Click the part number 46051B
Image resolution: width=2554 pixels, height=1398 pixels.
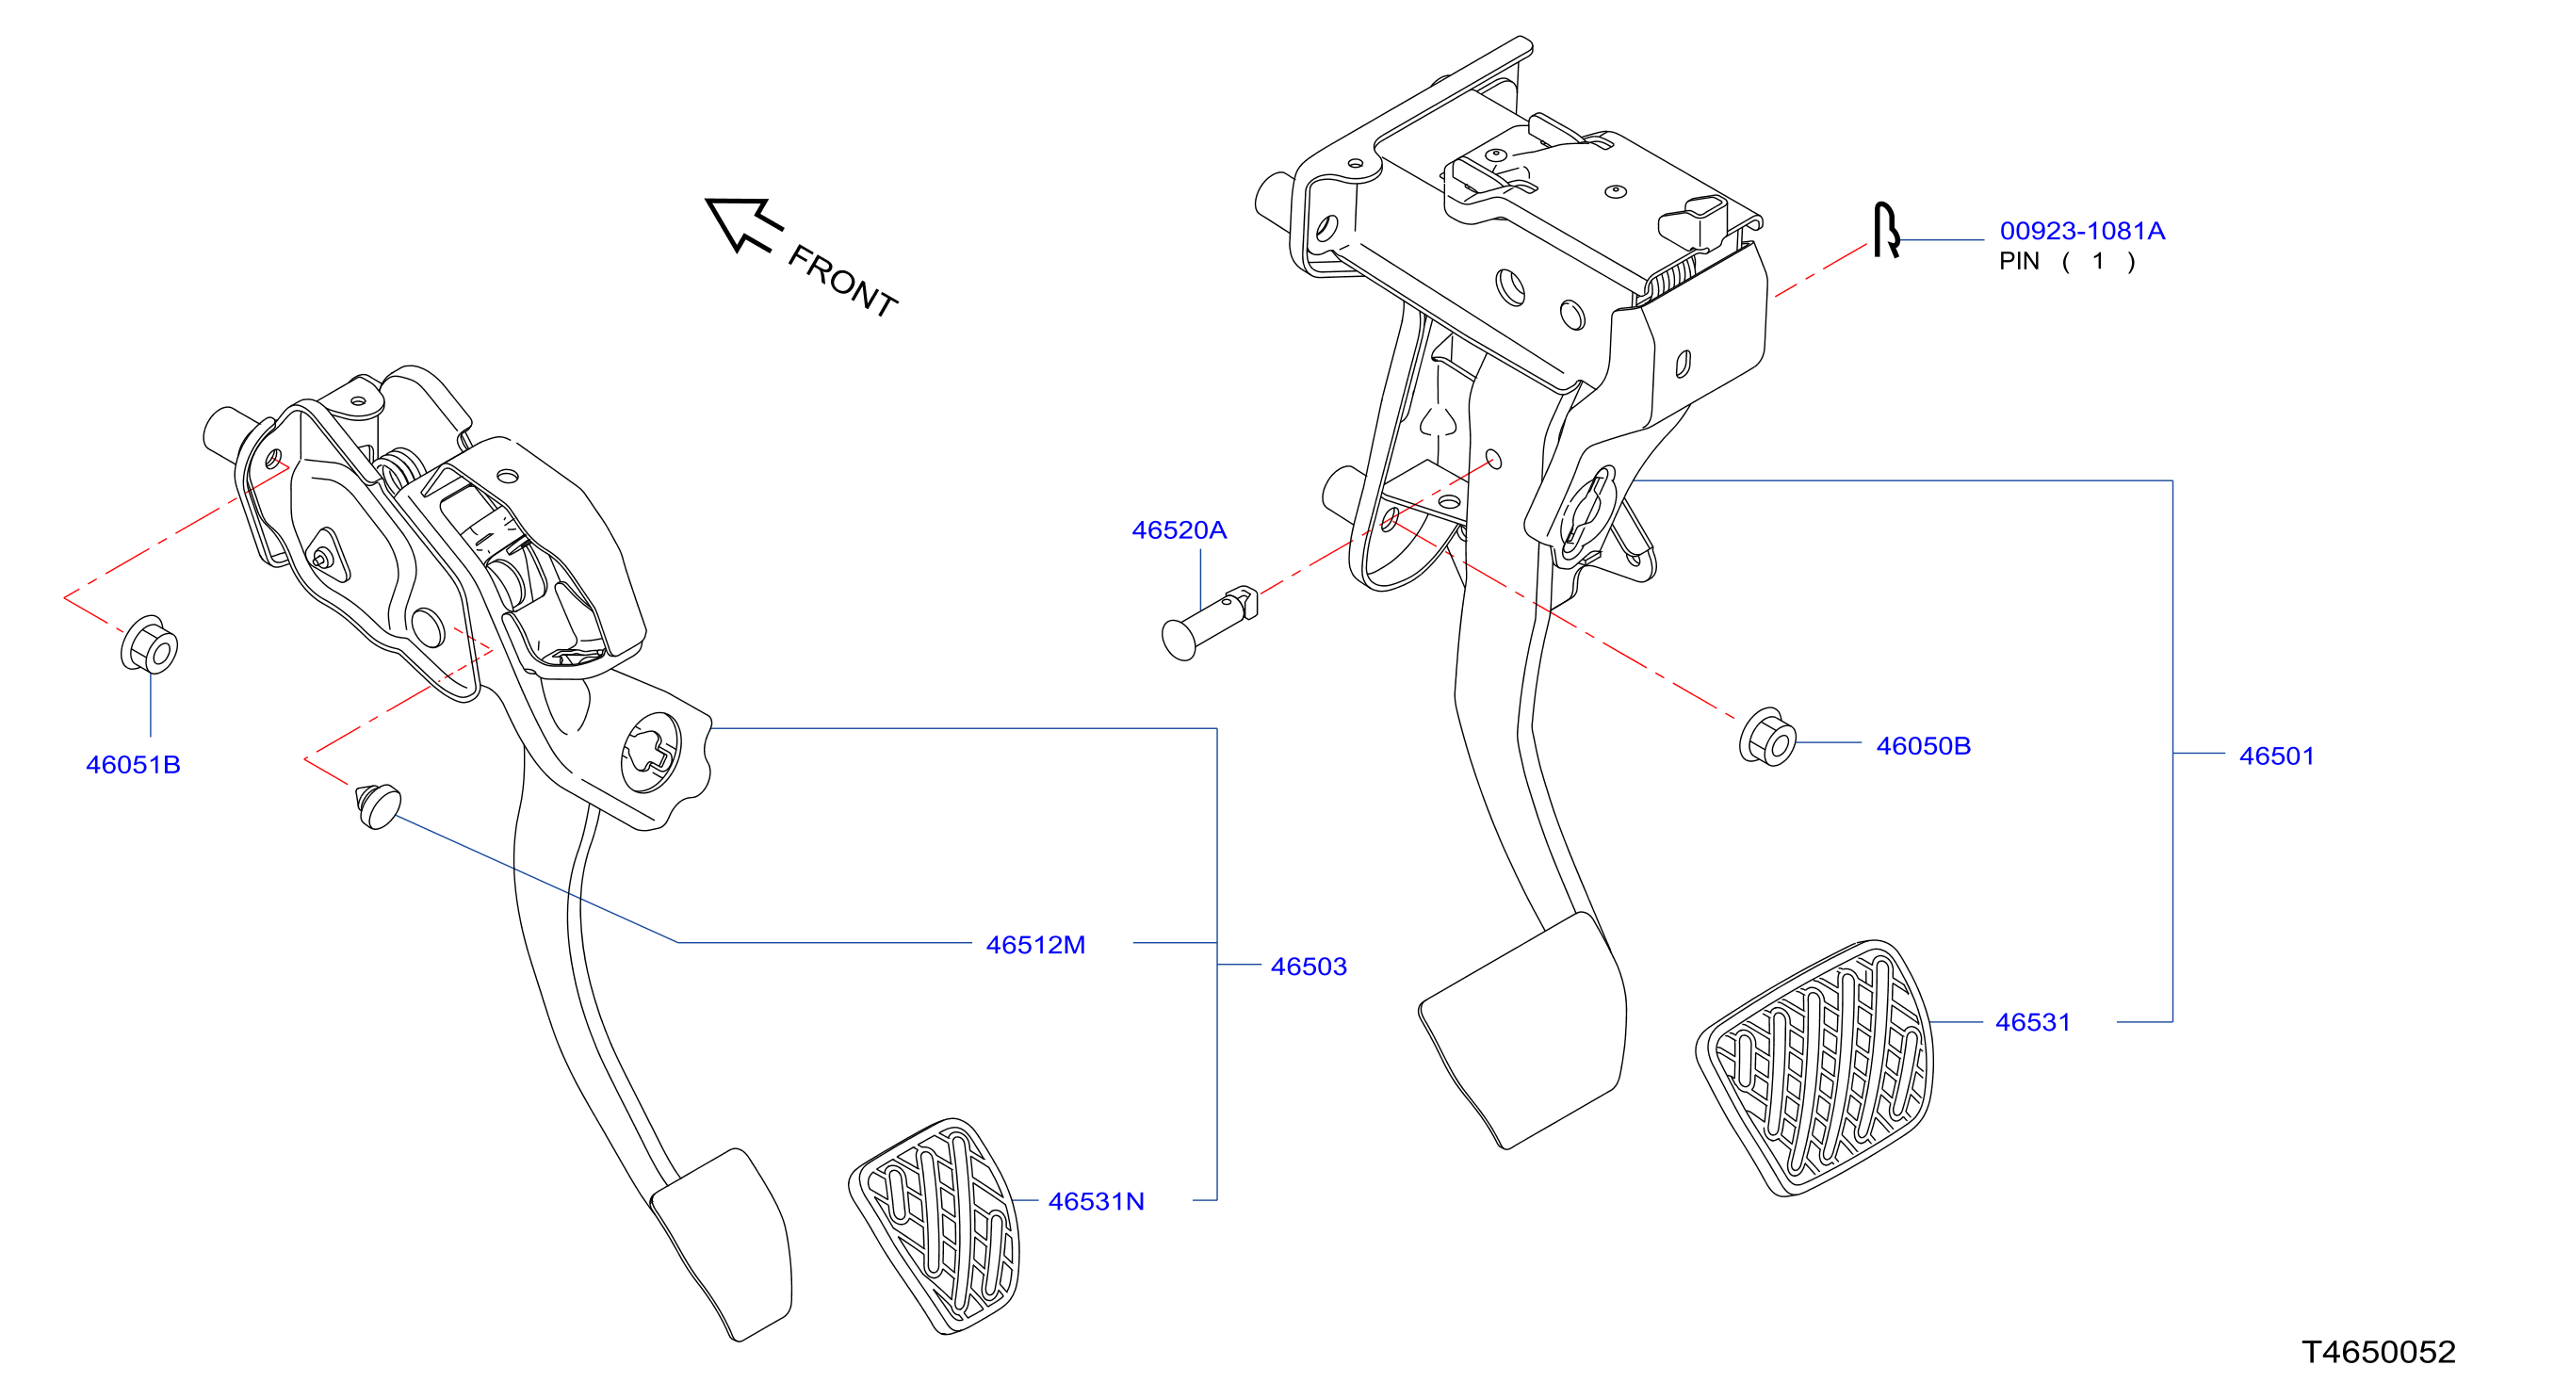[133, 764]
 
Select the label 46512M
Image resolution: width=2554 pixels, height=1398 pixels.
[1035, 945]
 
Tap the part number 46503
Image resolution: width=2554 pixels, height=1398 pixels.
[1309, 967]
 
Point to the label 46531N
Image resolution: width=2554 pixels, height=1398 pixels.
[1096, 1202]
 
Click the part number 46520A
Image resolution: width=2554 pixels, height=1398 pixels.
[1179, 530]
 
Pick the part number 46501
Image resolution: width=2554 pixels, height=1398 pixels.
[2276, 756]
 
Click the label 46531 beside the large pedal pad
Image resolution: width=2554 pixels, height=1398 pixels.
[2032, 1022]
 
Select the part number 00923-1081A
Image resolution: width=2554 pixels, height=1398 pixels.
[2082, 231]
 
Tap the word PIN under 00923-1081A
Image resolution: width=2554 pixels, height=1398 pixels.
[2019, 261]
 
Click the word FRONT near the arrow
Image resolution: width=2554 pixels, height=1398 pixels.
[843, 282]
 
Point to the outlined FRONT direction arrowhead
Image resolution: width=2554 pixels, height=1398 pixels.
[742, 224]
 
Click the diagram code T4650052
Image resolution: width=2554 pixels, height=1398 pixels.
[2379, 1352]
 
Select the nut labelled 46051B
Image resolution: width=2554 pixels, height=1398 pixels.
[150, 645]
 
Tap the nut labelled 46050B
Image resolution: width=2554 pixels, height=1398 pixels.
[1767, 738]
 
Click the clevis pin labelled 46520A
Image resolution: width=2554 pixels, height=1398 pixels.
[1209, 623]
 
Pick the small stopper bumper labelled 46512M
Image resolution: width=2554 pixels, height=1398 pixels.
[377, 806]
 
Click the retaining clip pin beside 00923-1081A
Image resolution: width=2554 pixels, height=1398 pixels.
[1886, 230]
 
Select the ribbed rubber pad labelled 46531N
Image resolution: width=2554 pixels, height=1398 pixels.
[934, 1227]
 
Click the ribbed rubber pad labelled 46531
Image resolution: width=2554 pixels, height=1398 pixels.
[1814, 1068]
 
